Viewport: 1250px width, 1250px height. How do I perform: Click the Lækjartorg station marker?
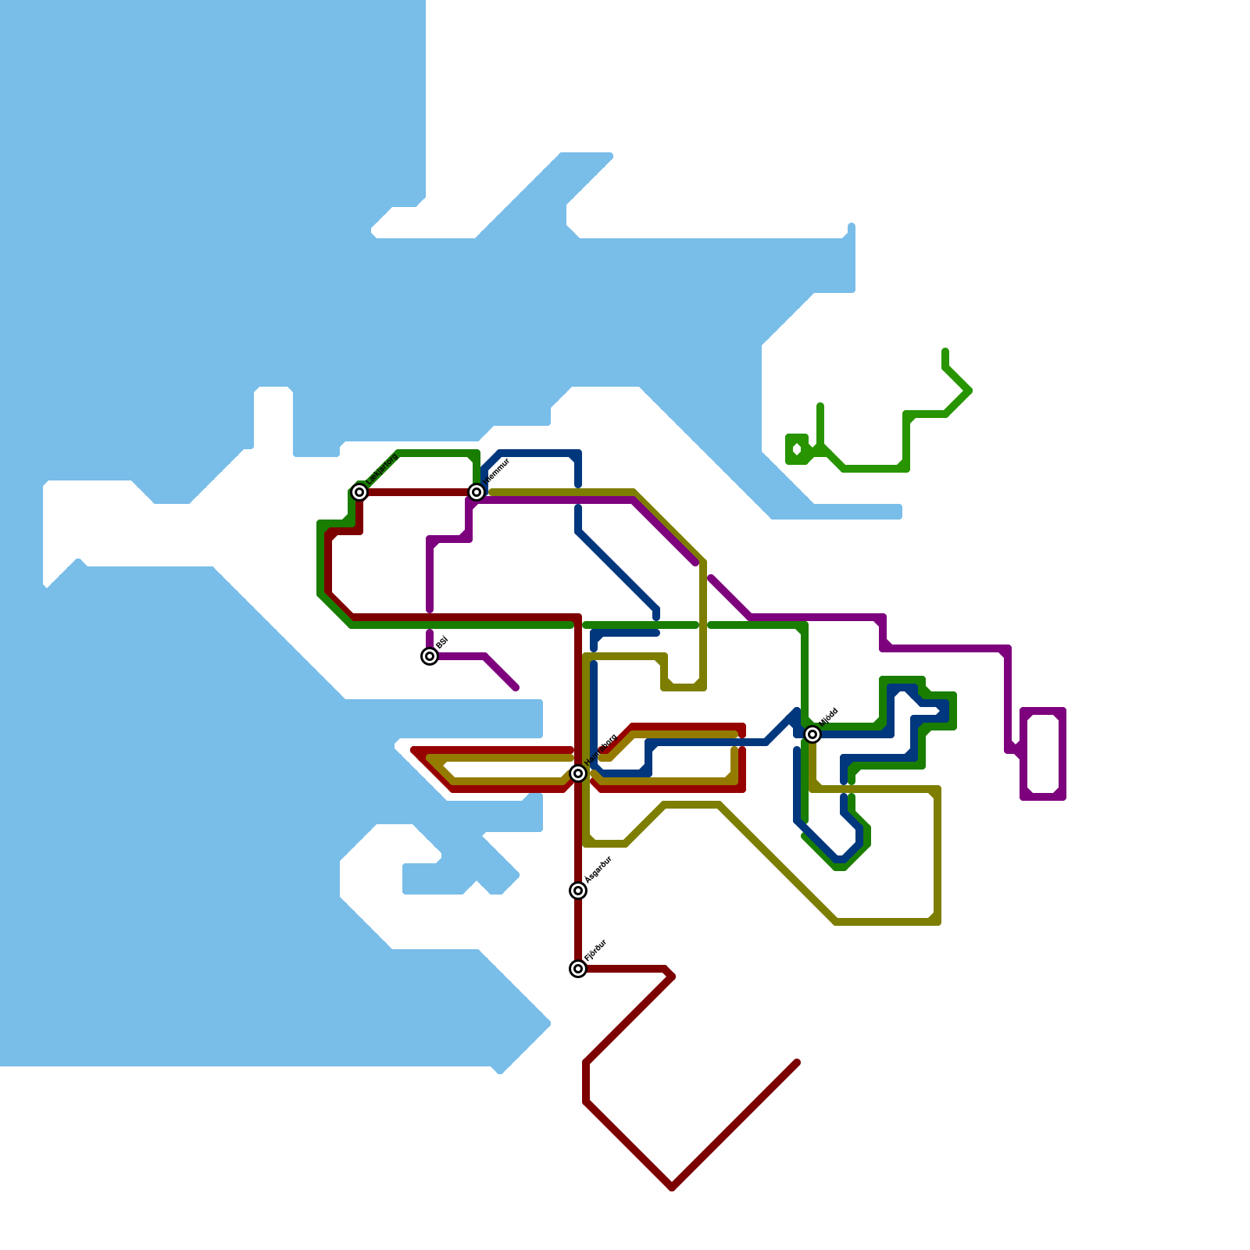[359, 492]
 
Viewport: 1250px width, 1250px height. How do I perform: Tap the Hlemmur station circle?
[477, 492]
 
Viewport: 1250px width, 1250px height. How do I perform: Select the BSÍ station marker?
[430, 656]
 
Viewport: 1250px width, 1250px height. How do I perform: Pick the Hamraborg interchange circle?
[578, 773]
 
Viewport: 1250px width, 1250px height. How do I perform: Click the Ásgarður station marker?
[578, 891]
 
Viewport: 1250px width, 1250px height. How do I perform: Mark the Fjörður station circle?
[578, 969]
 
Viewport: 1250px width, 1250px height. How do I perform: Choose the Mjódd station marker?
[812, 734]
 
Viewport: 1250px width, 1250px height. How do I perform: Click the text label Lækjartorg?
[382, 470]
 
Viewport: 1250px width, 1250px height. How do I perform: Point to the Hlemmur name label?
[497, 471]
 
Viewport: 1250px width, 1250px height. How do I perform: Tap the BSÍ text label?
[441, 643]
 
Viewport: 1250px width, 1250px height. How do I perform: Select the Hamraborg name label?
[602, 750]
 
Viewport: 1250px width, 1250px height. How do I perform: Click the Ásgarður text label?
[598, 870]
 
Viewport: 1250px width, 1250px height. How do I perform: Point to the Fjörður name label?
[596, 950]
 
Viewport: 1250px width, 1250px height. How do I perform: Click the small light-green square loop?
[797, 449]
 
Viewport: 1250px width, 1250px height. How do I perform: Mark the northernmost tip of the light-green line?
[945, 352]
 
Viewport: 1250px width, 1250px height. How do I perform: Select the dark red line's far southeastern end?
[796, 1062]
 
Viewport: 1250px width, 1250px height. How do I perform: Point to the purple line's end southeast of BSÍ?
[516, 687]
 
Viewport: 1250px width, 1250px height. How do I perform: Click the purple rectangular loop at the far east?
[1043, 754]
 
